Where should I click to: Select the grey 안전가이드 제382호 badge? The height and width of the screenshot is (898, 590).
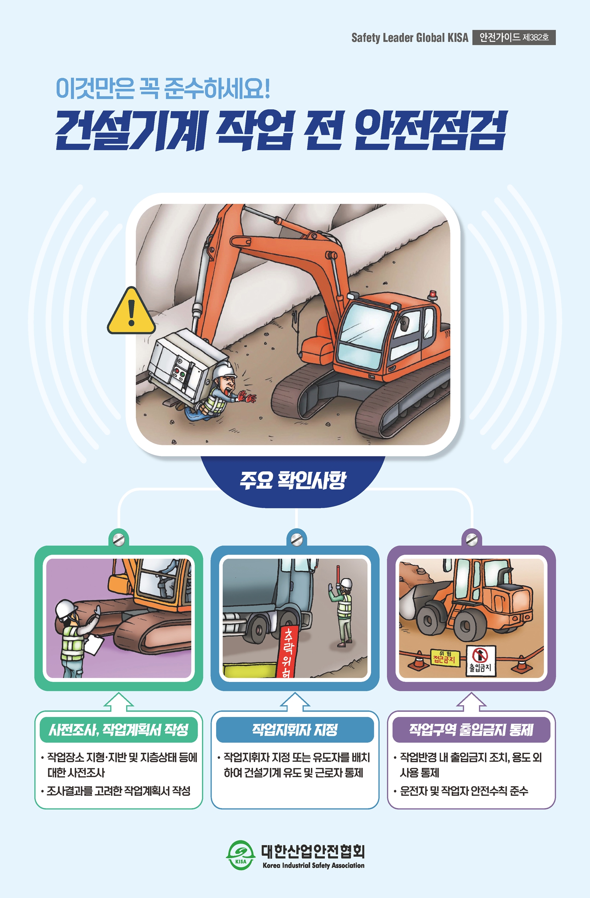(514, 37)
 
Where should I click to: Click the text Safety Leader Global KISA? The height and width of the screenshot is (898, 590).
(410, 38)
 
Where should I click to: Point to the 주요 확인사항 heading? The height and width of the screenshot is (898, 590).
(293, 480)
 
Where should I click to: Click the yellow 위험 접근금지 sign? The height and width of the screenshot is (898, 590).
(445, 658)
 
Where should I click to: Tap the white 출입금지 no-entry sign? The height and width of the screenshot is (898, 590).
(480, 661)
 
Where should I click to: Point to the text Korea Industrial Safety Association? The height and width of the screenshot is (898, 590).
(314, 865)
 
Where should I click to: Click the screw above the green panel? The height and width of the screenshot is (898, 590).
(118, 540)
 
